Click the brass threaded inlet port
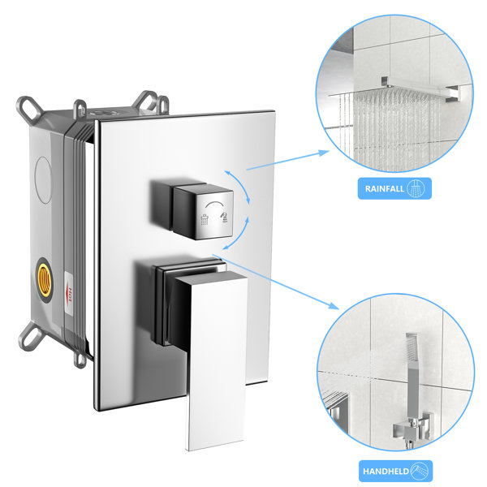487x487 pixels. coord(45,279)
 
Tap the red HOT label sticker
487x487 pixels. coord(69,294)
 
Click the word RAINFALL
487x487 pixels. coord(385,188)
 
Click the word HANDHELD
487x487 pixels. coord(386,472)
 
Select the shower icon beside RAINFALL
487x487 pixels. coord(416,188)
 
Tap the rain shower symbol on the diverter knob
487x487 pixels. coord(205,219)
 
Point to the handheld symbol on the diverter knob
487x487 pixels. coord(224,218)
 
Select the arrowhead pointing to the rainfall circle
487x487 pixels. coord(324,153)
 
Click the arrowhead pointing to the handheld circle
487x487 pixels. coord(334,305)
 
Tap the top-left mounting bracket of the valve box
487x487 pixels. coord(29,108)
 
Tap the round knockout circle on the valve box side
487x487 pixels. coord(44,180)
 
